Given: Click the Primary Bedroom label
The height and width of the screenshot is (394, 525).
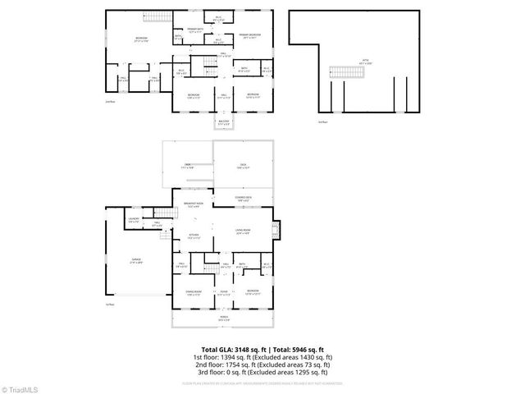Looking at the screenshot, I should click(x=251, y=34).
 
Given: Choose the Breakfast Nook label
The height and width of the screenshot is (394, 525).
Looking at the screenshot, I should click(x=194, y=204).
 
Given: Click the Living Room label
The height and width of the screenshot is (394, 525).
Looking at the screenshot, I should click(x=243, y=231).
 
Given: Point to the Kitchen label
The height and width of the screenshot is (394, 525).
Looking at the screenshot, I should click(x=194, y=237).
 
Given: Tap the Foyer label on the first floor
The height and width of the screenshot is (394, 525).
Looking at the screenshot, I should click(x=222, y=292).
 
